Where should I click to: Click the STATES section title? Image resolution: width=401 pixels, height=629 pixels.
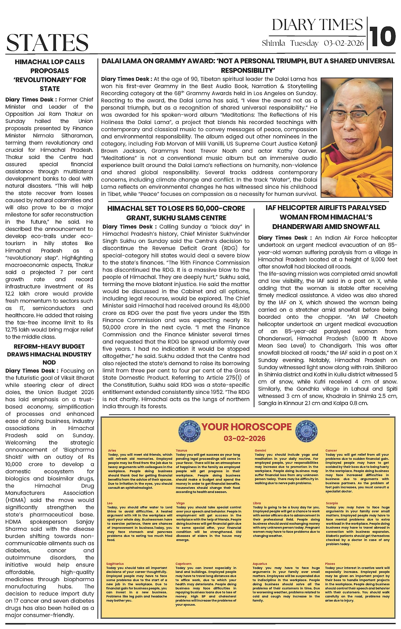[47, 43]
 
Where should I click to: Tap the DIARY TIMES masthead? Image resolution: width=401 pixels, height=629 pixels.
[317, 25]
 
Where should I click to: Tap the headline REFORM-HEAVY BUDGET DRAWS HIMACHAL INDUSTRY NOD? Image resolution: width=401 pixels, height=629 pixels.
[49, 354]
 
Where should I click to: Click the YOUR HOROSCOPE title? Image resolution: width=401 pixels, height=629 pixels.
[246, 427]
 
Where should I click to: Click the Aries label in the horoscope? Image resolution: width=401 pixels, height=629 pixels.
[112, 450]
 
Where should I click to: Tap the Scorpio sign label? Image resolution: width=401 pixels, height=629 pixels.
[331, 503]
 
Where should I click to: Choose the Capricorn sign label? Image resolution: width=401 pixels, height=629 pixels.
[183, 564]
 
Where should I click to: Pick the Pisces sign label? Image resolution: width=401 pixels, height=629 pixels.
[330, 564]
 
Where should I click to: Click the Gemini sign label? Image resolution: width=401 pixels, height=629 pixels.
[260, 450]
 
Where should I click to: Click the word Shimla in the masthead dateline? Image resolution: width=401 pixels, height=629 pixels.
[273, 44]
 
